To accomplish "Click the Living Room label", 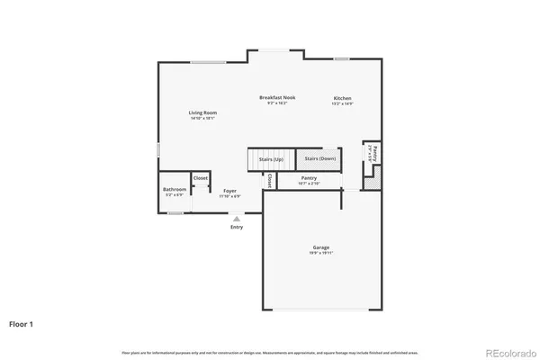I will click(202, 112).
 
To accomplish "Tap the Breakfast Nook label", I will click(277, 97).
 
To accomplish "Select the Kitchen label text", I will click(342, 97).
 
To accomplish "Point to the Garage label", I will click(321, 247).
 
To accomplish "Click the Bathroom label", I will click(175, 189).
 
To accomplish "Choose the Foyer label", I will click(230, 191).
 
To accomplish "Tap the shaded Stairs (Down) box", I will click(319, 158).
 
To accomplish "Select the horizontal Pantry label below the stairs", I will click(309, 178).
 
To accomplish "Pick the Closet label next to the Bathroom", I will click(201, 178).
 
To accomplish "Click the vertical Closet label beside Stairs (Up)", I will click(269, 181).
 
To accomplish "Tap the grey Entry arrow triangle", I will click(237, 218).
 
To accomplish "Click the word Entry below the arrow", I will click(237, 227).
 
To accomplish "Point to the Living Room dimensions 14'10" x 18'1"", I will click(202, 118).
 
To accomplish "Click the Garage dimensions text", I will click(321, 253).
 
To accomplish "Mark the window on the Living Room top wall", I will click(208, 62).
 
